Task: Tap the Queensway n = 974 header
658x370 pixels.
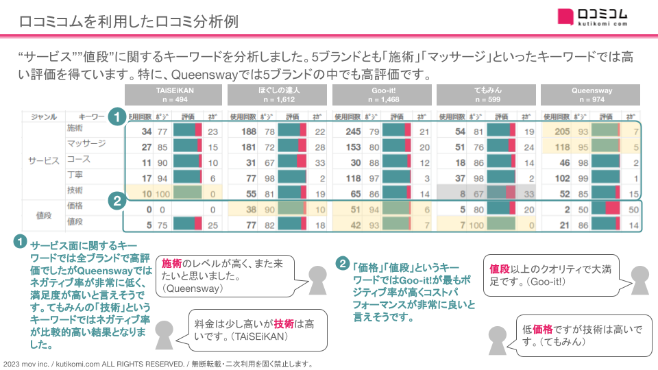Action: pos(591,95)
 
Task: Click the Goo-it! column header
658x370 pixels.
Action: pos(382,95)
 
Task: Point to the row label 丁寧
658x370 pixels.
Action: pos(75,175)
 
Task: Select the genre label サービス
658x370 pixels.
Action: pos(44,160)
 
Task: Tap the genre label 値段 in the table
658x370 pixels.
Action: pos(44,214)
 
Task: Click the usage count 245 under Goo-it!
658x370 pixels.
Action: pos(352,131)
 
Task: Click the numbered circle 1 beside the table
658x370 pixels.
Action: pos(118,116)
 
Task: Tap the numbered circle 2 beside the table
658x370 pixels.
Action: pos(118,201)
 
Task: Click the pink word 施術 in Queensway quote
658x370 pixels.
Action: pos(172,264)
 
